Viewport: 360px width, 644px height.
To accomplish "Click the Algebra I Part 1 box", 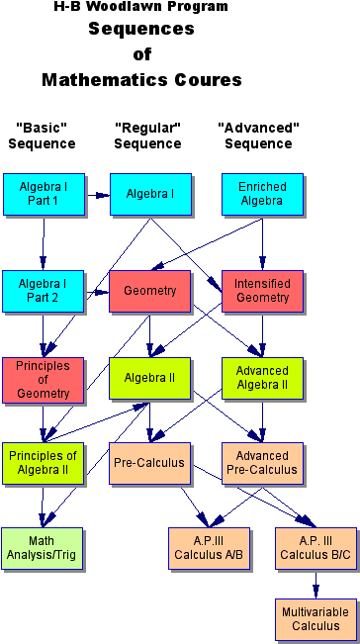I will tap(44, 194).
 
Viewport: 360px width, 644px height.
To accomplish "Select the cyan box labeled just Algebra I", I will tap(150, 194).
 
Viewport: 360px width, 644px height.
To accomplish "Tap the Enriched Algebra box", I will tap(262, 194).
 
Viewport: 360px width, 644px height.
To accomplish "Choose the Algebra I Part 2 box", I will tap(44, 291).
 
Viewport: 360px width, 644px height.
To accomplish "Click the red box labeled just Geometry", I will tap(150, 291).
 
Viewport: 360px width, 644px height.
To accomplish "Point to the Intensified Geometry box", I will tap(262, 291).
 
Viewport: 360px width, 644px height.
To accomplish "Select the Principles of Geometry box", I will tap(44, 379).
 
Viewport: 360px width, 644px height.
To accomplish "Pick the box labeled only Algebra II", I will tap(150, 378).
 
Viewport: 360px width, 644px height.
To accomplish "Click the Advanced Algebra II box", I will tap(262, 378).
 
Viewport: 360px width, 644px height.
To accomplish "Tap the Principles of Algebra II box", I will tap(44, 463).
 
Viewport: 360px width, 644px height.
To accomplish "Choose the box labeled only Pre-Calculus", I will tap(150, 463).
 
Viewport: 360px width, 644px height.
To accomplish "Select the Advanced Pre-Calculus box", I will tap(262, 463).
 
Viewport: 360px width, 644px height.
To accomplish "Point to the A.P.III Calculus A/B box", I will tap(209, 548).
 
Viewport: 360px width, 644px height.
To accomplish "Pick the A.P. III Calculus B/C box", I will tap(315, 548).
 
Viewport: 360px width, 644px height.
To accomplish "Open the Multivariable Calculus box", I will tap(315, 618).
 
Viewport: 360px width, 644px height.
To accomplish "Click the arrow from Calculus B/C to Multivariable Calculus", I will tap(315, 584).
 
